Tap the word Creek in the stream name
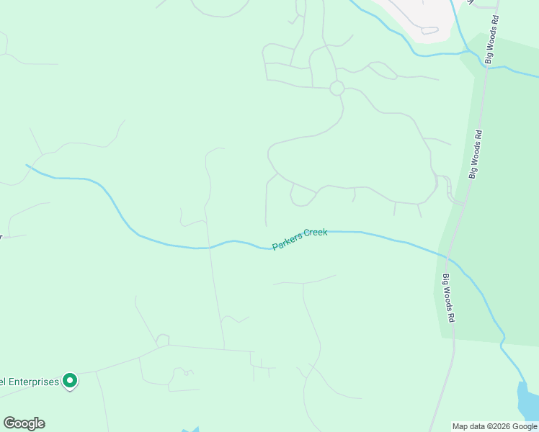pyautogui.click(x=316, y=233)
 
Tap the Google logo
pyautogui.click(x=24, y=423)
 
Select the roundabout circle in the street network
pyautogui.click(x=337, y=88)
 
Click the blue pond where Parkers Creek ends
pyautogui.click(x=527, y=400)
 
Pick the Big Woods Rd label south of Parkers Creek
pyautogui.click(x=449, y=298)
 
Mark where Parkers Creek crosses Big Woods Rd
pyautogui.click(x=447, y=256)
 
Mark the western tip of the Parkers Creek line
pyautogui.click(x=27, y=166)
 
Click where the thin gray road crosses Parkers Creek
pyautogui.click(x=208, y=248)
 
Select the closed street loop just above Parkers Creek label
pyautogui.click(x=303, y=195)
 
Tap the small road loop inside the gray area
pyautogui.click(x=429, y=30)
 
